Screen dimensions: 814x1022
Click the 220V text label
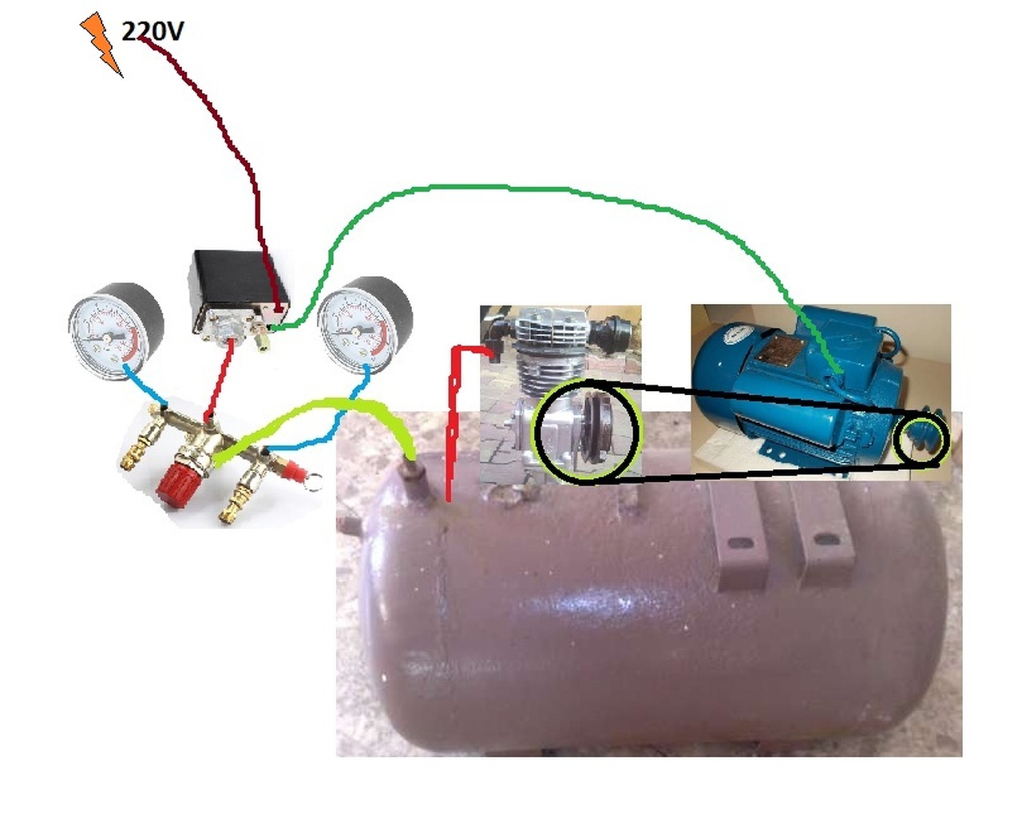(x=153, y=31)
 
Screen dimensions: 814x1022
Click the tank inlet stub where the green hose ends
(x=410, y=479)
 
